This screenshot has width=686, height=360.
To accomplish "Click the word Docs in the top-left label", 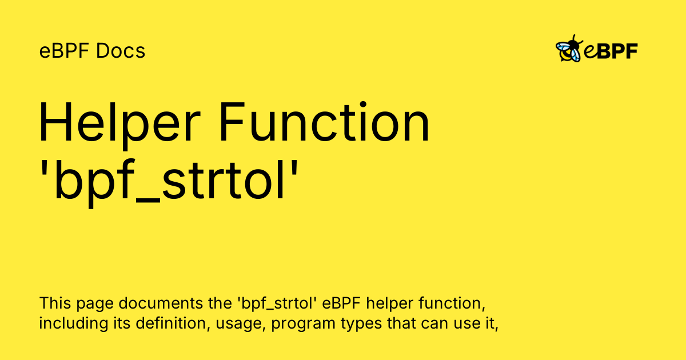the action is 121,50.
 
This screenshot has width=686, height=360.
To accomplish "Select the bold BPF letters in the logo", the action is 617,51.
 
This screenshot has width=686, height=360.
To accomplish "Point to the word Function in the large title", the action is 325,122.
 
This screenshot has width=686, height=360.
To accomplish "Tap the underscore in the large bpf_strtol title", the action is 148,201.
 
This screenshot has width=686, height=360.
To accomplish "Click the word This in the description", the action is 54,303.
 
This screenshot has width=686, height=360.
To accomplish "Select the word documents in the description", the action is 161,303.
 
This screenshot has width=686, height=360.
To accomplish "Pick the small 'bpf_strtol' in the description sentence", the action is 277,303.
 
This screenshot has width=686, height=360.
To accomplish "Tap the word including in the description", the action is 74,324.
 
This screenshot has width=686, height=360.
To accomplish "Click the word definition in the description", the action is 173,323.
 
